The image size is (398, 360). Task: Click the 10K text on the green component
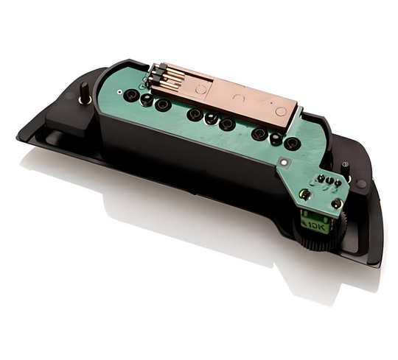click(x=316, y=225)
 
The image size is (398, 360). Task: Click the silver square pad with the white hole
click(x=284, y=161)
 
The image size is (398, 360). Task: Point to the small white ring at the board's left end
click(x=119, y=92)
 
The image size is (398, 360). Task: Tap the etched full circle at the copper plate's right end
click(x=281, y=112)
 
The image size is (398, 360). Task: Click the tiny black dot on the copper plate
click(x=272, y=103)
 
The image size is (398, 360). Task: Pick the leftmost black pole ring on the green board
click(x=131, y=96)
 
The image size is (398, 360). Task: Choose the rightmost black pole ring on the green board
click(x=292, y=144)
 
